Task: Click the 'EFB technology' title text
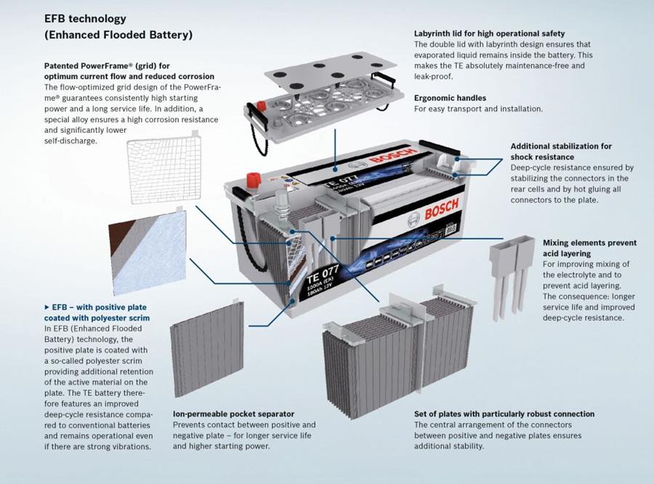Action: pyautogui.click(x=85, y=18)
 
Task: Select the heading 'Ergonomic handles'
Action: pyautogui.click(x=450, y=97)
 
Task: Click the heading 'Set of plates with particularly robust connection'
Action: pyautogui.click(x=504, y=414)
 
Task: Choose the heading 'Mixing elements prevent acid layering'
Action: pyautogui.click(x=589, y=248)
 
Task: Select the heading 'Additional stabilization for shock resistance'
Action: pyautogui.click(x=561, y=151)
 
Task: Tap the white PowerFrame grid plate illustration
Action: pyautogui.click(x=164, y=171)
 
